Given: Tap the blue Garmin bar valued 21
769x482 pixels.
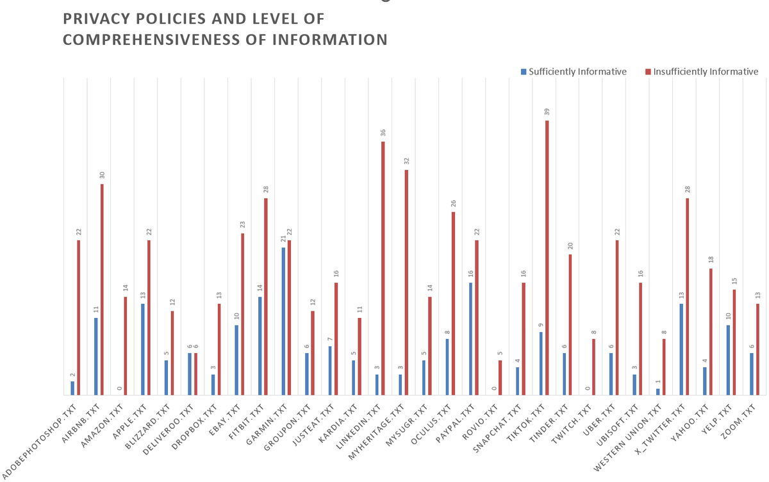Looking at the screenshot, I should tap(283, 321).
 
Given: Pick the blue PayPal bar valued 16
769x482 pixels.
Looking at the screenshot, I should tap(470, 339).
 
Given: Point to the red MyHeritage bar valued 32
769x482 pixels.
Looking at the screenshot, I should tap(406, 282).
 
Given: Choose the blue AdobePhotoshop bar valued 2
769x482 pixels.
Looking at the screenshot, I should tap(72, 388).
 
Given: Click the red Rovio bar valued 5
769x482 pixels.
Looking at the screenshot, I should tap(500, 378).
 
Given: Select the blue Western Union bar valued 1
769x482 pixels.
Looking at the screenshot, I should tap(657, 392).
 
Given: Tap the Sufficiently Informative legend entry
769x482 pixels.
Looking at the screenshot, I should tap(574, 72).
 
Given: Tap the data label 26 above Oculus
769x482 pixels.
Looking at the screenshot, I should tap(453, 204).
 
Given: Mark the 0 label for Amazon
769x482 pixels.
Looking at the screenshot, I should tap(119, 388).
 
